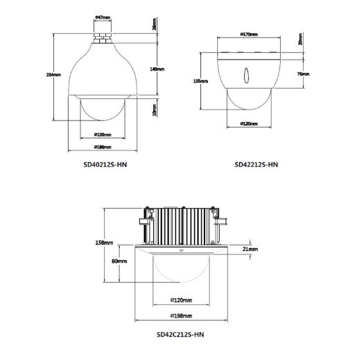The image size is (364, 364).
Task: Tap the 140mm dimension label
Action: click(x=157, y=69)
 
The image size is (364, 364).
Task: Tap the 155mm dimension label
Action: click(x=200, y=80)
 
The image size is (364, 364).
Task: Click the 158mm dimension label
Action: click(x=103, y=243)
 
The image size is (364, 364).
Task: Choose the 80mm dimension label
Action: click(x=119, y=262)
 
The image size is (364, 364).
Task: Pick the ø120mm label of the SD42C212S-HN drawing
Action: click(x=181, y=300)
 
